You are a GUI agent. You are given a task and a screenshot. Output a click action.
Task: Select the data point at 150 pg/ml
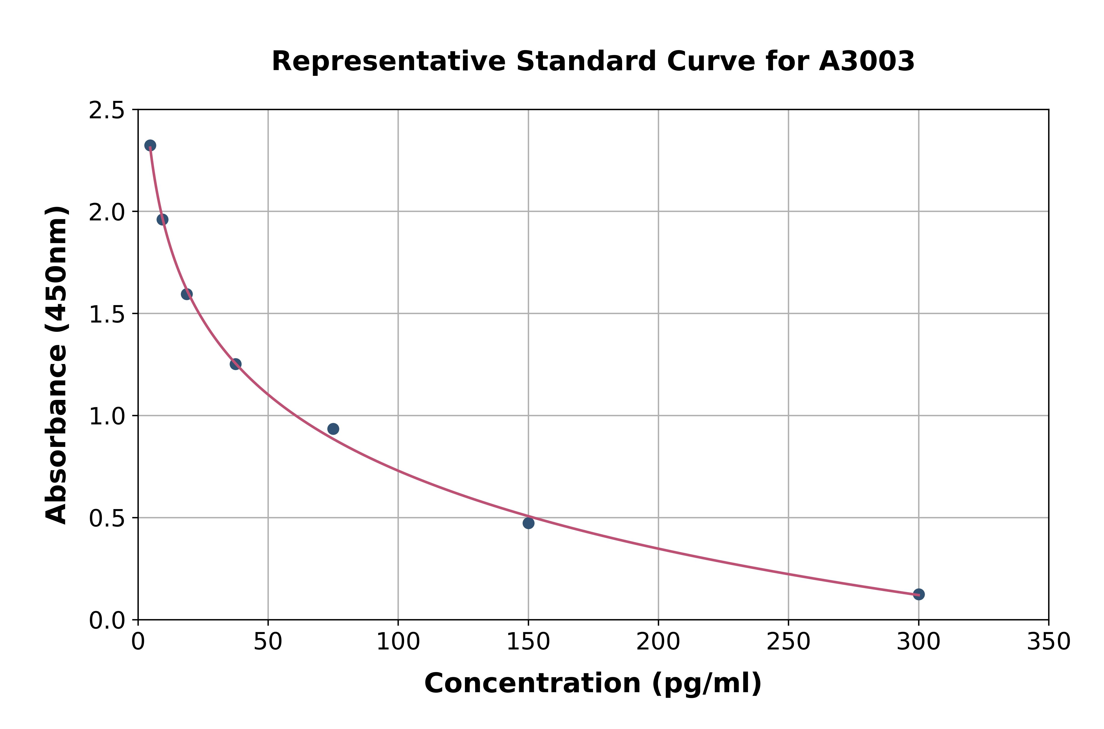(x=528, y=523)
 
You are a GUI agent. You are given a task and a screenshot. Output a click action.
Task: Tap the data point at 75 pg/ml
(x=333, y=429)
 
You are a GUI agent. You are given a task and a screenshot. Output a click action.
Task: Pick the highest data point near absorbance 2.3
(x=150, y=146)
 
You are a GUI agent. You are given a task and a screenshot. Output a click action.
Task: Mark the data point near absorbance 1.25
(x=236, y=364)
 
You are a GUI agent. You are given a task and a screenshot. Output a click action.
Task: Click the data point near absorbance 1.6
(x=187, y=294)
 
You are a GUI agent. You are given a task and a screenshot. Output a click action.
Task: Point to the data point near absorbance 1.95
(x=162, y=219)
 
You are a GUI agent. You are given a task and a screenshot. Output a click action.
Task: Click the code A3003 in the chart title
(x=867, y=61)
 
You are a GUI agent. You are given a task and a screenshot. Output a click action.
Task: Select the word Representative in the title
(x=388, y=61)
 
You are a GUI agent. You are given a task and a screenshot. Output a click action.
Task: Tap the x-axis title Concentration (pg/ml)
(x=593, y=683)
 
